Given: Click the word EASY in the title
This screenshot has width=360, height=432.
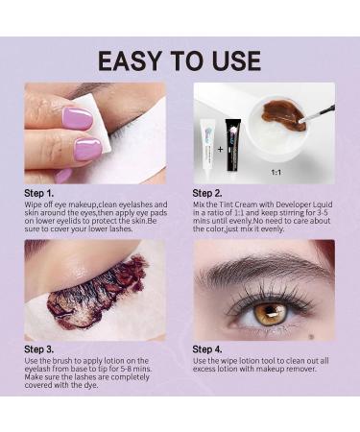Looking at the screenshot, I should (133, 61).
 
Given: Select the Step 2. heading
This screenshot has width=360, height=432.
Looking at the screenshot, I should (208, 192).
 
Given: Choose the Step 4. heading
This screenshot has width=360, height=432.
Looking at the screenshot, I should (208, 348).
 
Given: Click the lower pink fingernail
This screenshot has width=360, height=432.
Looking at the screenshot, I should (88, 149).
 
